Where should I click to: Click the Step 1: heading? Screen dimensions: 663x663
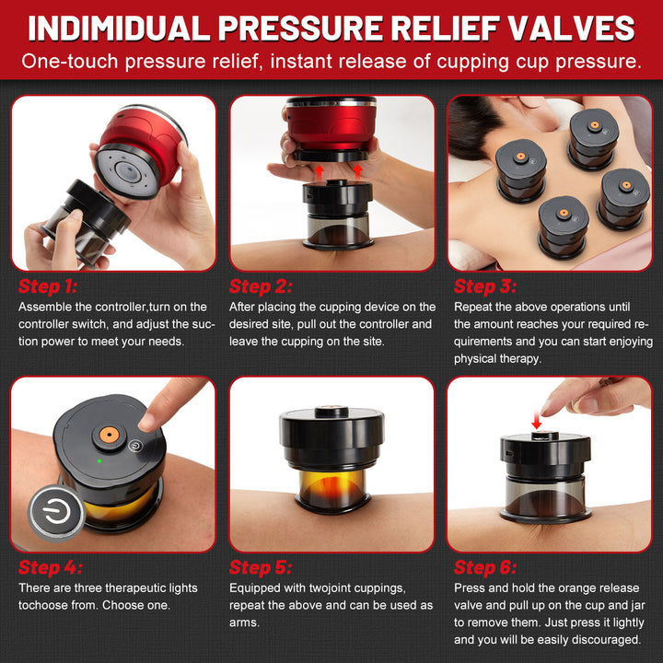tap(51, 286)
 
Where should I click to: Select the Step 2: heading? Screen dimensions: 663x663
tap(262, 286)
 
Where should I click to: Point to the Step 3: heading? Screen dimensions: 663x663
tap(485, 286)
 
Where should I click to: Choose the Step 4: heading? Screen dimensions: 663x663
tap(51, 567)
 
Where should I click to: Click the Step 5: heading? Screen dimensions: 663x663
tap(262, 567)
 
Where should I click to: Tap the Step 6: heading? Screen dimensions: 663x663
tap(485, 567)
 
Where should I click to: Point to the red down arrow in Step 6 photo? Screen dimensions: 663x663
tap(536, 421)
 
